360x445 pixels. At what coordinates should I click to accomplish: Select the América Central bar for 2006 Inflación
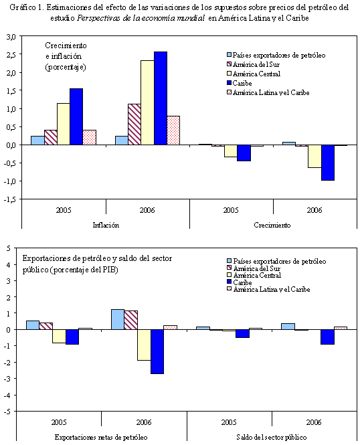(147, 102)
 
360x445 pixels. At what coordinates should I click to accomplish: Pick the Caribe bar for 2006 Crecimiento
(328, 163)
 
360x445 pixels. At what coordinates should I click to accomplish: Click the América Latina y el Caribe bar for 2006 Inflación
(173, 130)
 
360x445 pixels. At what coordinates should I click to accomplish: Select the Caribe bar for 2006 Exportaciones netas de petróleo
(157, 351)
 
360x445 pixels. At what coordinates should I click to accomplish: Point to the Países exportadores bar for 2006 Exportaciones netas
(117, 319)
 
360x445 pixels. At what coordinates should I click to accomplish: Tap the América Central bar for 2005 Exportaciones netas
(60, 336)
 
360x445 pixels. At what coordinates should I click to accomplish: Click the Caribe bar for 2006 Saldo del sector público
(328, 337)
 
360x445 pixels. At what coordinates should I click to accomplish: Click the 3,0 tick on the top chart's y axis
(12, 36)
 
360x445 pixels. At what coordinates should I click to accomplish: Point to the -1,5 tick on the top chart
(11, 199)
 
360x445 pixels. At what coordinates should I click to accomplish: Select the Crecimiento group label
(273, 226)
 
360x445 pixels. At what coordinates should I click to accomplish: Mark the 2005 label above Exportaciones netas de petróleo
(61, 422)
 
